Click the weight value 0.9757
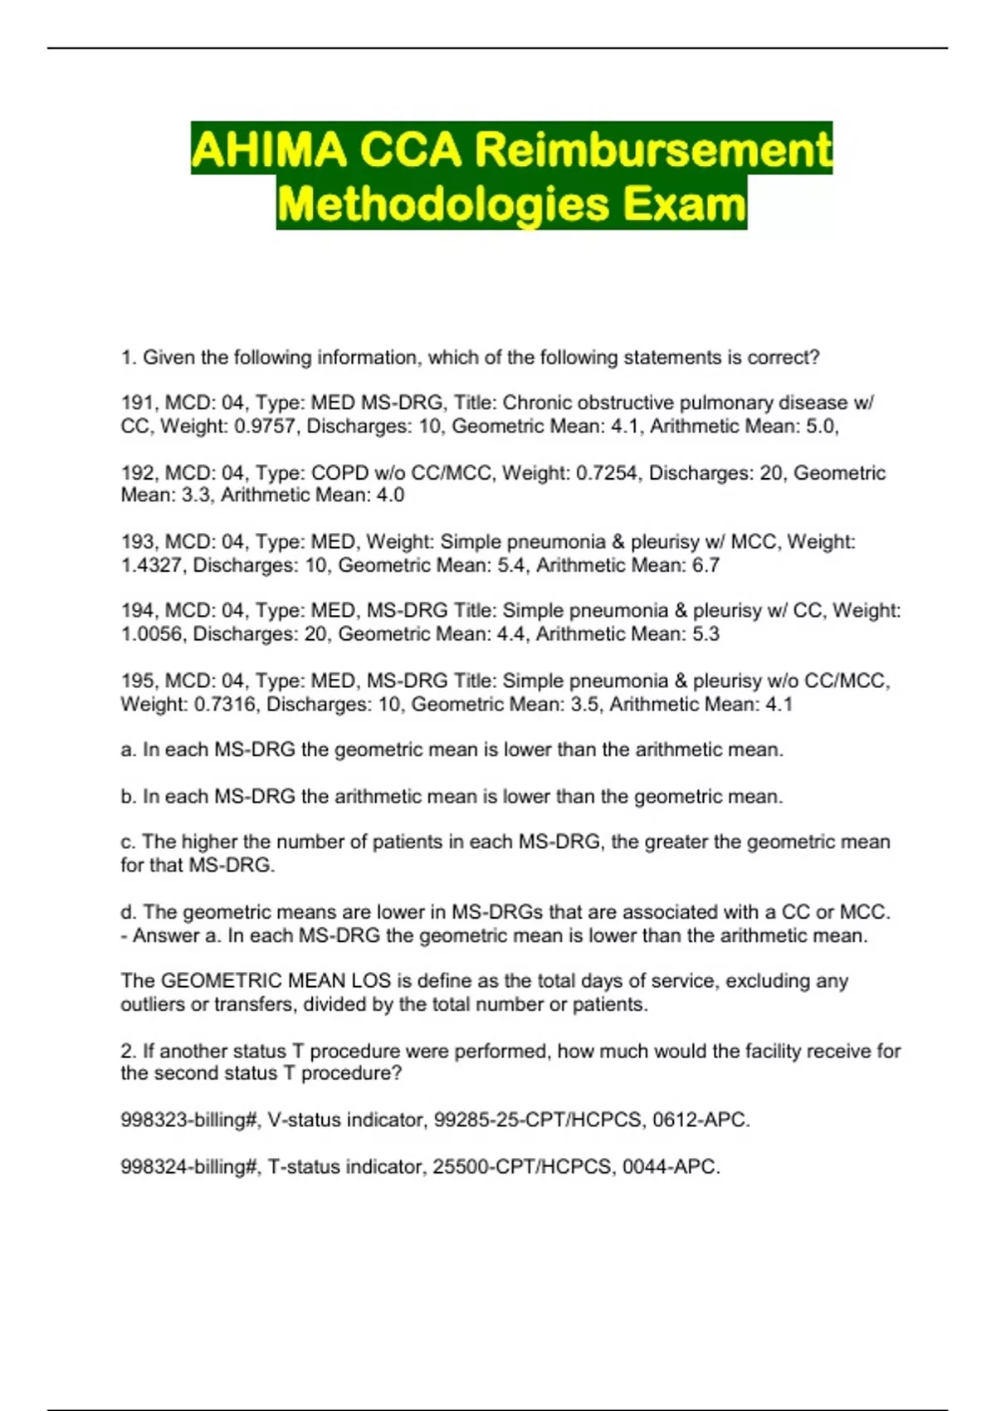[268, 427]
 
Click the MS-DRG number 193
[137, 543]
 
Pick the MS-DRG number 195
[137, 681]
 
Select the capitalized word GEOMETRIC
[221, 981]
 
